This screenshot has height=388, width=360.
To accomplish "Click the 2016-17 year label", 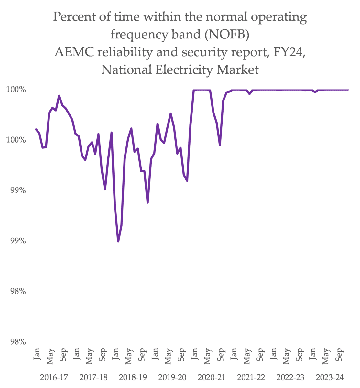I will click(x=54, y=377).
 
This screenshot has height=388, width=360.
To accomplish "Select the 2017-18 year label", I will click(x=93, y=377).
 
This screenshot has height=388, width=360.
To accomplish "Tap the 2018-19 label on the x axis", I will click(x=133, y=377).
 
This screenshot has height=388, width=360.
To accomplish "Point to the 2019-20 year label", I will click(x=172, y=377).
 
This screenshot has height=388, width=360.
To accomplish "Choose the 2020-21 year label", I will click(x=212, y=377).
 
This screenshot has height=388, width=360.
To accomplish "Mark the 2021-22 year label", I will click(x=251, y=377).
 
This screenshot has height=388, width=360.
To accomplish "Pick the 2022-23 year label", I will click(x=290, y=377).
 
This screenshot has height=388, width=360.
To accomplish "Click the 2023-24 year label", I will click(x=330, y=377).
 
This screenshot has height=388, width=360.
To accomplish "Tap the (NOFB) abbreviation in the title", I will click(x=227, y=34).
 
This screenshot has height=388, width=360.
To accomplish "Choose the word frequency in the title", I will click(x=141, y=35).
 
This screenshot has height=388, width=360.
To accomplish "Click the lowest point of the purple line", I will click(x=118, y=242).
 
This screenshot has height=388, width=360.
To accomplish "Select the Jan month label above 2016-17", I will click(x=37, y=354).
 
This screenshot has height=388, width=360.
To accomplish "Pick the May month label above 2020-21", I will click(x=208, y=356).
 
